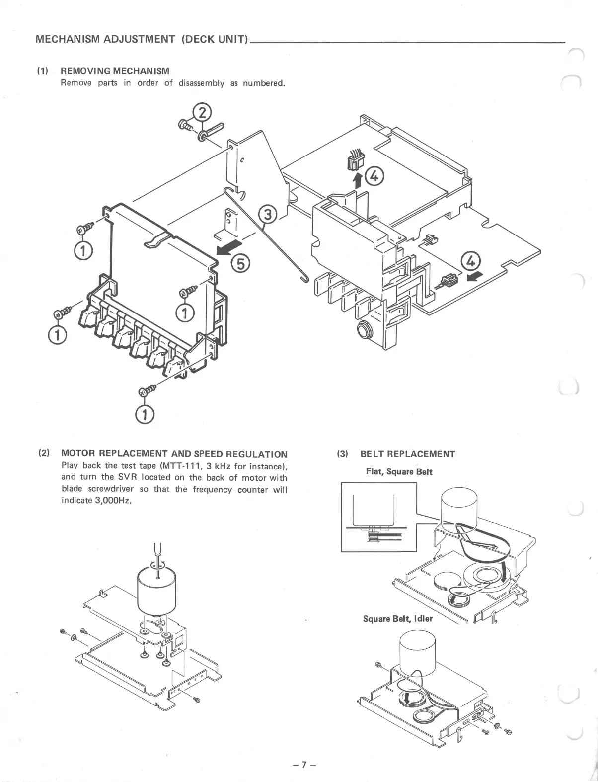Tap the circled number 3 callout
click(268, 215)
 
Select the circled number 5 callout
click(241, 264)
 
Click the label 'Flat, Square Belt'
click(399, 471)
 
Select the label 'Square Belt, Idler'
click(398, 619)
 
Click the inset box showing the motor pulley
click(378, 517)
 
